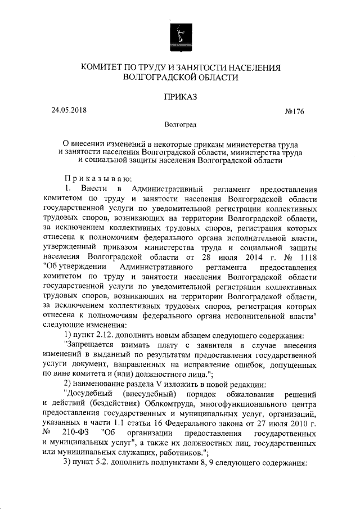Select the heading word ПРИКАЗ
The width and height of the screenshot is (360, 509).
[x=180, y=97]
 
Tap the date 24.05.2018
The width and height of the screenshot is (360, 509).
[x=69, y=111]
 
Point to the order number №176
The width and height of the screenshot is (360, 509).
[x=295, y=111]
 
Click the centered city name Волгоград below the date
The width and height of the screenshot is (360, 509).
[x=180, y=124]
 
